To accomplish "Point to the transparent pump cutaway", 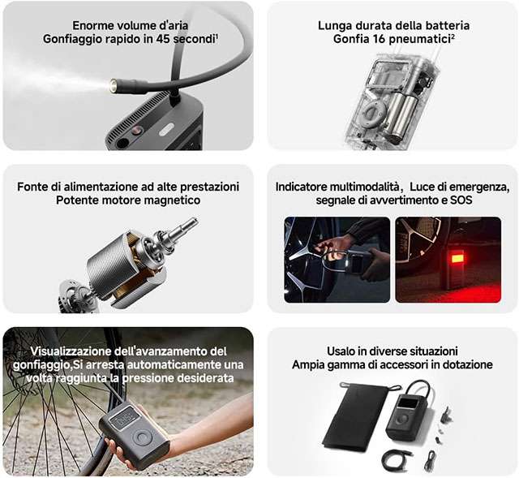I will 392,101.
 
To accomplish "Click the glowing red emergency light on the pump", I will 457,258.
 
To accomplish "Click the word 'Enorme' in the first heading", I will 92,25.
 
